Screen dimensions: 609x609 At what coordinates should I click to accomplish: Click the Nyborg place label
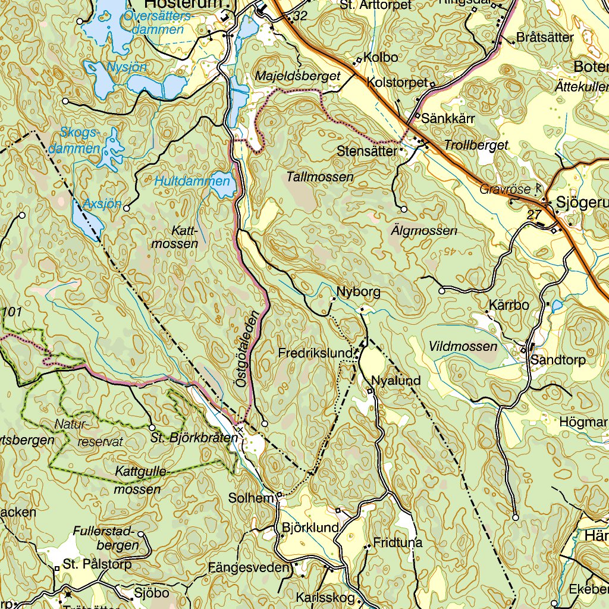[358, 292]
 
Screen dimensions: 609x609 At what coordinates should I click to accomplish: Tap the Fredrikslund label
[315, 353]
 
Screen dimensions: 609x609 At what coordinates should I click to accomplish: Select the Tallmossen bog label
[319, 177]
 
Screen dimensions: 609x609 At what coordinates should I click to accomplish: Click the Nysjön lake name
[126, 67]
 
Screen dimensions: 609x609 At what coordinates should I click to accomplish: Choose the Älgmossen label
[424, 230]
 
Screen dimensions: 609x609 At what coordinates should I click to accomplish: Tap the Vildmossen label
[463, 346]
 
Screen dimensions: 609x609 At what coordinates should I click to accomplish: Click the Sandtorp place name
[558, 360]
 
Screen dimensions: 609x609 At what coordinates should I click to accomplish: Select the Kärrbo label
[508, 306]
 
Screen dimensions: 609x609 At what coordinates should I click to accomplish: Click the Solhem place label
[250, 498]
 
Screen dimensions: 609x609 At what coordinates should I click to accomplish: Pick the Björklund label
[310, 528]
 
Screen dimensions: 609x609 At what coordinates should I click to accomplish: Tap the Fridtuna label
[397, 542]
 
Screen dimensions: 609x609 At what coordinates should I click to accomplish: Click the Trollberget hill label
[476, 145]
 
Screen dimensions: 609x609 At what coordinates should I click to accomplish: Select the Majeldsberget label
[297, 76]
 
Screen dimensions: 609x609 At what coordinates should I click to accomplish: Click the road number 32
[300, 17]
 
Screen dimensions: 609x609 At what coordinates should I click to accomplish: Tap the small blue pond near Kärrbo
[556, 306]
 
